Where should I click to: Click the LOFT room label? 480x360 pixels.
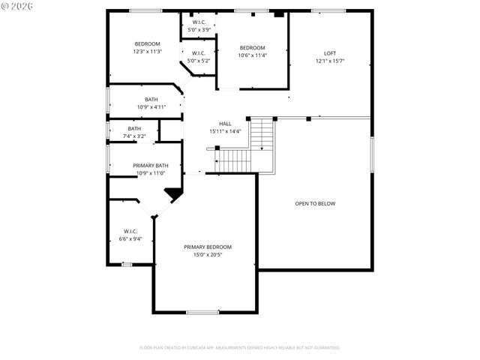click(330, 53)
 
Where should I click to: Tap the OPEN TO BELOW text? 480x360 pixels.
click(315, 203)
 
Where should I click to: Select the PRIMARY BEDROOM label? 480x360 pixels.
click(208, 247)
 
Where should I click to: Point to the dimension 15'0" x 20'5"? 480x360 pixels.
click(208, 254)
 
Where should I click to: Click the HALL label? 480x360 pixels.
click(225, 124)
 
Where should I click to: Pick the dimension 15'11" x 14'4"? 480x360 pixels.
click(225, 131)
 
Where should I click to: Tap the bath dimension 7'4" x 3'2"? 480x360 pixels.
click(134, 136)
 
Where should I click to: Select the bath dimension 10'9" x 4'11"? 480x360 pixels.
click(151, 107)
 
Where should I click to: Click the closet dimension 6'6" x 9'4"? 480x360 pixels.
click(130, 239)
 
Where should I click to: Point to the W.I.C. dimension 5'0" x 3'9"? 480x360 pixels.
click(199, 30)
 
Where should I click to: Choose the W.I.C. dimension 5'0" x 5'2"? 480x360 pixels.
click(199, 60)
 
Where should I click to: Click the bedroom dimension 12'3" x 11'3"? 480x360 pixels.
click(147, 52)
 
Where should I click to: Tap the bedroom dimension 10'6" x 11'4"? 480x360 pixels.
click(252, 55)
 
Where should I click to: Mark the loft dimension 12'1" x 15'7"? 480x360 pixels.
click(330, 61)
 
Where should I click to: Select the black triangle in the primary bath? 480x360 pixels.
click(174, 193)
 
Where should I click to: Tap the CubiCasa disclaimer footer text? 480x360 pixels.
click(240, 347)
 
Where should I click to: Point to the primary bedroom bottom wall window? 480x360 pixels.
click(202, 312)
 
